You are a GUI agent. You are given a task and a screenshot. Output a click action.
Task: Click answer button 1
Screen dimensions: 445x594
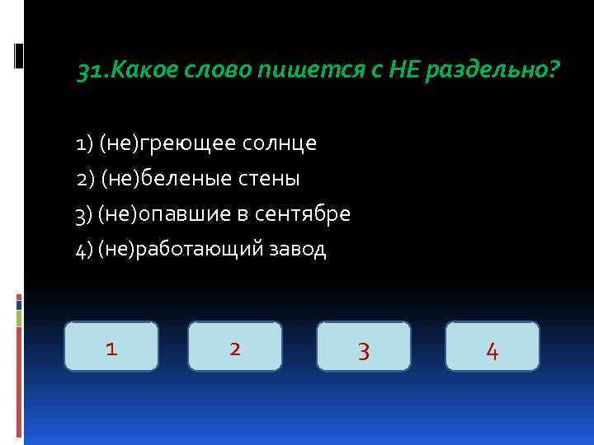pyautogui.click(x=111, y=347)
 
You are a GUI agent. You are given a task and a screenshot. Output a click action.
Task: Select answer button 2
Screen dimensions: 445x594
pyautogui.click(x=235, y=347)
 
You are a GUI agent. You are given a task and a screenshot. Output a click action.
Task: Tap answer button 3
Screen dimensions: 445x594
pyautogui.click(x=364, y=347)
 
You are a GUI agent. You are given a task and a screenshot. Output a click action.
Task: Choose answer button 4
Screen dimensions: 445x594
pyautogui.click(x=493, y=347)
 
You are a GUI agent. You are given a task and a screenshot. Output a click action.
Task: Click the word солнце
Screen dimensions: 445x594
pyautogui.click(x=280, y=144)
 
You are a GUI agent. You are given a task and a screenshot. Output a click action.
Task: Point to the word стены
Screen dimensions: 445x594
pyautogui.click(x=270, y=179)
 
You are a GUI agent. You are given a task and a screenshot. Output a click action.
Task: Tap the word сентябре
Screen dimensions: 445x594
pyautogui.click(x=311, y=214)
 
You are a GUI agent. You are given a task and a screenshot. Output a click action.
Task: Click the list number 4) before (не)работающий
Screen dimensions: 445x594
pyautogui.click(x=83, y=250)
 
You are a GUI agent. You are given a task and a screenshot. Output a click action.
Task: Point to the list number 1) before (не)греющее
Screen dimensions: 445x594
pyautogui.click(x=83, y=144)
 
